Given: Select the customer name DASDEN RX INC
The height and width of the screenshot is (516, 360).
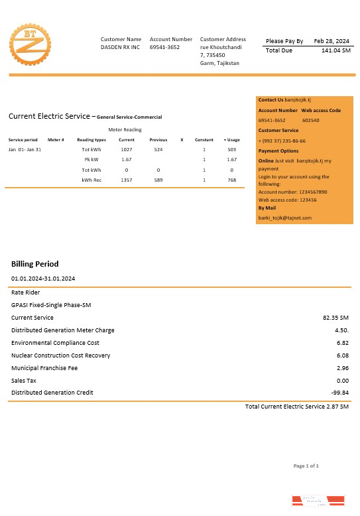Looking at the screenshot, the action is [x=120, y=48].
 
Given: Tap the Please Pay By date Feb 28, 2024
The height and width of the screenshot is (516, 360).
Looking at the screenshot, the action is [x=332, y=41].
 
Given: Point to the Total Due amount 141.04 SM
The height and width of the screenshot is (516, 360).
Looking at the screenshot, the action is [x=335, y=50].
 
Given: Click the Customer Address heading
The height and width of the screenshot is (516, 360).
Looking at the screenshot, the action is [x=223, y=40].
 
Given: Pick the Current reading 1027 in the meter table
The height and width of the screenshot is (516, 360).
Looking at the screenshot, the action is [x=126, y=150].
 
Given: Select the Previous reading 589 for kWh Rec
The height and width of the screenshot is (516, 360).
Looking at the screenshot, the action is [x=158, y=180].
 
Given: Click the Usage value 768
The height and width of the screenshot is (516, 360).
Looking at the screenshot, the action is [x=231, y=180].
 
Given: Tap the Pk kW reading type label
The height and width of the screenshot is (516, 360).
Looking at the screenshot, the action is [x=91, y=160].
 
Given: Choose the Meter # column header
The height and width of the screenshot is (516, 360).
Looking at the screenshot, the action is [x=56, y=140].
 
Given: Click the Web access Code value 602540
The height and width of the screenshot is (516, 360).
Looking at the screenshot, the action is [x=310, y=121].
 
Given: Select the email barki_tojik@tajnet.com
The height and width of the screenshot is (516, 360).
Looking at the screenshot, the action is [x=284, y=218].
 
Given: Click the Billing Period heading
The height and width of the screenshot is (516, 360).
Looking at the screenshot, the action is [x=34, y=264].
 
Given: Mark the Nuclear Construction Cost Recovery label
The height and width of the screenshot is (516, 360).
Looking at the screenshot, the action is [x=60, y=355].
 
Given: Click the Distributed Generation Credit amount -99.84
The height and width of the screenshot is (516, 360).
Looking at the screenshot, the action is [x=339, y=393].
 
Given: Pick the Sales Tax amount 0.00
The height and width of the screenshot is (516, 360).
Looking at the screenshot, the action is [x=342, y=380].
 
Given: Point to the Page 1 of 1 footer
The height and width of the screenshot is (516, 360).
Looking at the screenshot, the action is [x=306, y=466].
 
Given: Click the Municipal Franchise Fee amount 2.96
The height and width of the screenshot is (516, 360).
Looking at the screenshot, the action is [x=342, y=367].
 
